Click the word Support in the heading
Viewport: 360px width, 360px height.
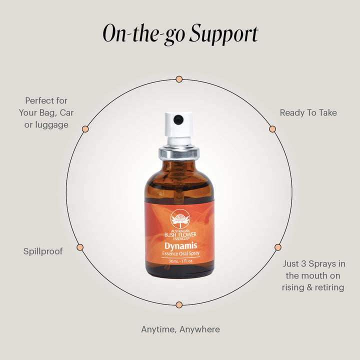(223, 34)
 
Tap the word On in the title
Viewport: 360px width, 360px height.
(114, 33)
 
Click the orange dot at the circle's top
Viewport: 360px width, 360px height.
(179, 79)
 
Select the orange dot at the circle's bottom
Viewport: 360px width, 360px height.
(179, 305)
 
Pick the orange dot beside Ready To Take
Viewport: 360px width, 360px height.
(272, 129)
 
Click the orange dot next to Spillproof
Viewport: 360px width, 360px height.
(80, 247)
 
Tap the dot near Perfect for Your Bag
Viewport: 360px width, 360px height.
(85, 129)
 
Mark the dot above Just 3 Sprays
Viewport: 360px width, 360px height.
(278, 247)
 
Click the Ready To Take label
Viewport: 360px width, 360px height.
(308, 112)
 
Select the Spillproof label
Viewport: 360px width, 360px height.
(43, 251)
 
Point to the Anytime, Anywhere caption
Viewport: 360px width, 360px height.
(180, 329)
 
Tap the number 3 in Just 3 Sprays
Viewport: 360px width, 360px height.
(303, 263)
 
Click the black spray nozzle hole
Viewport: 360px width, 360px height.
(178, 119)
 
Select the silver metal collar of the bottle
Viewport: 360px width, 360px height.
(179, 152)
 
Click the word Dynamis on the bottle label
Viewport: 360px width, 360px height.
(180, 246)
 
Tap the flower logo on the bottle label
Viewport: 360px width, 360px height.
(180, 219)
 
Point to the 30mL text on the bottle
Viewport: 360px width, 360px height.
(173, 261)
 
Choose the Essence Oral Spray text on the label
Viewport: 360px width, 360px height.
(180, 253)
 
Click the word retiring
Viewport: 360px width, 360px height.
(329, 287)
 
